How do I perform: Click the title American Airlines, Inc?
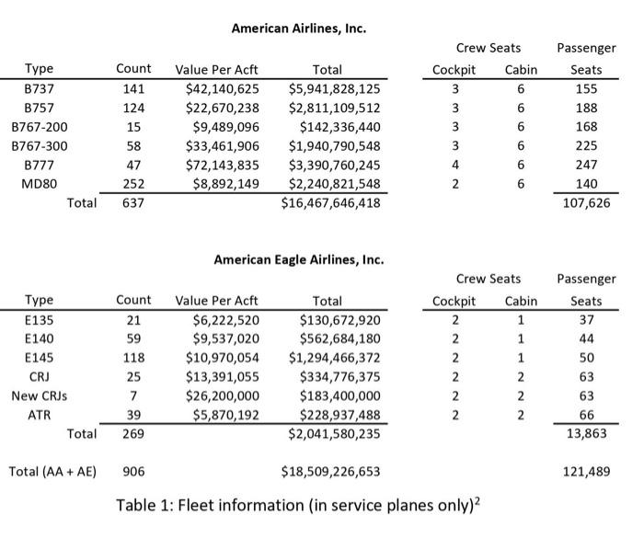tap(298, 29)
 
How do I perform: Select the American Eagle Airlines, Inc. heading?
tap(298, 260)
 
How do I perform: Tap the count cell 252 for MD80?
tap(133, 184)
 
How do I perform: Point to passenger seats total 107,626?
tap(586, 203)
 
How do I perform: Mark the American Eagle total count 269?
tap(133, 434)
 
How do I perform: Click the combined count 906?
tap(133, 472)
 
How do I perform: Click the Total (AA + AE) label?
tap(54, 472)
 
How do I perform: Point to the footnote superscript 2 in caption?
tap(479, 501)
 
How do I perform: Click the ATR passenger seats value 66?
tap(586, 415)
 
